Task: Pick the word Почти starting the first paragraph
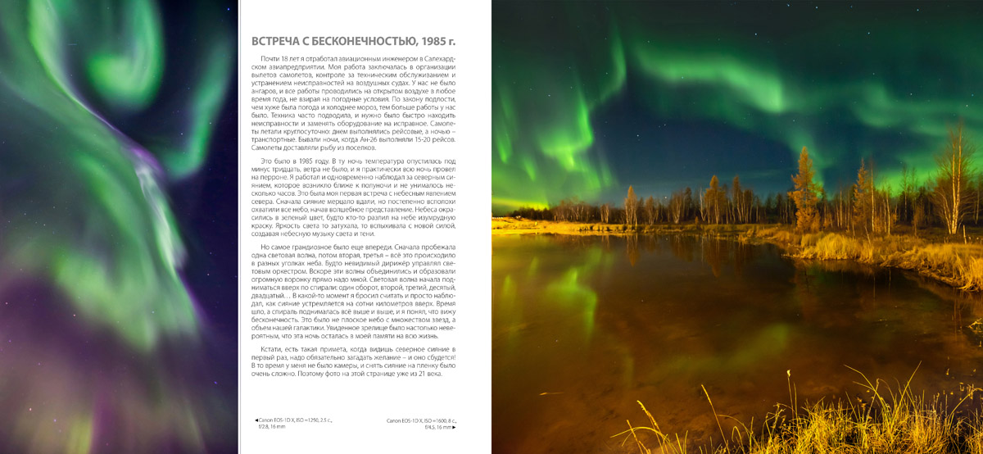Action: (270, 61)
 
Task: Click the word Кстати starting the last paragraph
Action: (272, 349)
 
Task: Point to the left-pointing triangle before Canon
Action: (256, 420)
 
